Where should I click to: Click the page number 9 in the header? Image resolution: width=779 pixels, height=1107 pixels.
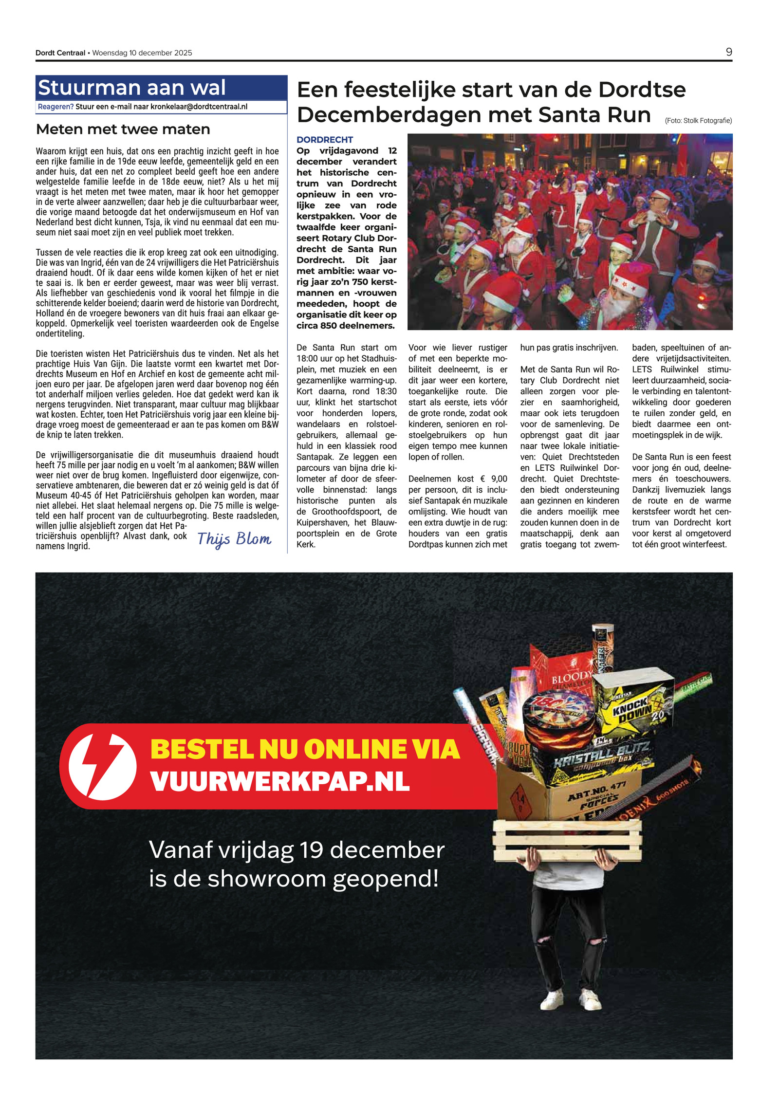pos(728,52)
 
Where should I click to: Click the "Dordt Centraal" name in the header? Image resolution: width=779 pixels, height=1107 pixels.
pos(60,53)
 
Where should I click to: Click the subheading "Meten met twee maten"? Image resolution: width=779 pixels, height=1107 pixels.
pos(123,129)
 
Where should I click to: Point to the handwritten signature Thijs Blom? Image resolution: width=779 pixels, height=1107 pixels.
pos(234,539)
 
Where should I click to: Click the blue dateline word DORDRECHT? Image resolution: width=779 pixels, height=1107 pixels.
pos(325,140)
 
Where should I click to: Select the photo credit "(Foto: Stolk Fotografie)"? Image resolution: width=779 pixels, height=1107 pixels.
pos(698,121)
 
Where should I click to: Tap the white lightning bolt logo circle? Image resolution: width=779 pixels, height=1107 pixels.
pos(102,766)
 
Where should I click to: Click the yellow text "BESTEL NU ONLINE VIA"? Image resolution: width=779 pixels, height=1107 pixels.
pos(305,749)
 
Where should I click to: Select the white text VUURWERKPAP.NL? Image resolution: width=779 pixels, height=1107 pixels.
pos(280,782)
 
